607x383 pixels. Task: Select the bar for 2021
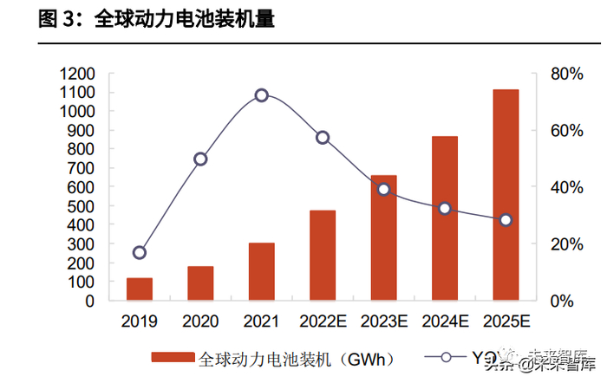(x=261, y=272)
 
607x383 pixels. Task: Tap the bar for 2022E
(x=323, y=256)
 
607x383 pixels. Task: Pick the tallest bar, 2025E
(x=506, y=195)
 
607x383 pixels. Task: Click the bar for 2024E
(x=445, y=218)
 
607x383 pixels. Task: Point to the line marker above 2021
(x=261, y=95)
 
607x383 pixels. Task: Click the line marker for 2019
(x=140, y=253)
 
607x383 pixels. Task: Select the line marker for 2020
(x=200, y=159)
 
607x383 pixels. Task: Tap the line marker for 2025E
(x=506, y=220)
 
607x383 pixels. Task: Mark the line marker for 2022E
(x=323, y=138)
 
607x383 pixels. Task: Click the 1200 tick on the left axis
(x=77, y=74)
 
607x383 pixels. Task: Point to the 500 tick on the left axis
(x=82, y=206)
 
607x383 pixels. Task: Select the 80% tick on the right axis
(x=567, y=74)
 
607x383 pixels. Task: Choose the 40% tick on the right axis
(x=567, y=187)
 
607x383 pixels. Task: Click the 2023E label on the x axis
(x=383, y=321)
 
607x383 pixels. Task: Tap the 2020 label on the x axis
(x=200, y=321)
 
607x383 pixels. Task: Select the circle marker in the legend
(x=446, y=357)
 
